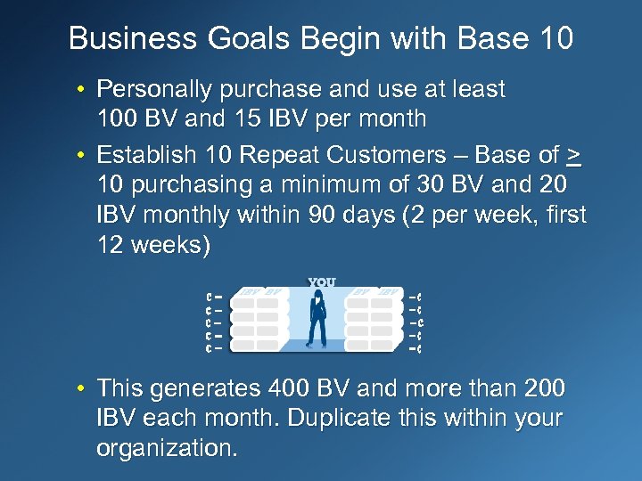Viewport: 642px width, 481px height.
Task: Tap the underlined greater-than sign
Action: tap(574, 155)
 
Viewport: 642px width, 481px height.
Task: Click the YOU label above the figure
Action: tap(321, 282)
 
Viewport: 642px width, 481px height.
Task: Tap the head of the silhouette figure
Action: tap(318, 295)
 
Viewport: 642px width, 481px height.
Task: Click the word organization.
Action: tap(167, 448)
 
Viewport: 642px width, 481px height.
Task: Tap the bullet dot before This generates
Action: tap(80, 389)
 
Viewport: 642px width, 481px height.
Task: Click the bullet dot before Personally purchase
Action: tap(80, 90)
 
